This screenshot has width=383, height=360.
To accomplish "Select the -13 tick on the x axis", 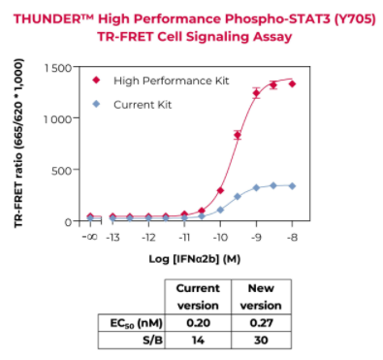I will tap(112, 237).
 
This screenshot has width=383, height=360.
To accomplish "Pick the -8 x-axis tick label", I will tap(292, 237).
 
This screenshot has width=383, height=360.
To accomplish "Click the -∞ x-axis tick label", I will tap(89, 237).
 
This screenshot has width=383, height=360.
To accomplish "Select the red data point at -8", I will tap(292, 84).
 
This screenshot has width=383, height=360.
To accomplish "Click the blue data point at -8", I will tap(292, 185).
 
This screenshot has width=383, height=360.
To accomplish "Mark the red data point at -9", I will tap(256, 93).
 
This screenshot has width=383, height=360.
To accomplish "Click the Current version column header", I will tap(198, 296).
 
